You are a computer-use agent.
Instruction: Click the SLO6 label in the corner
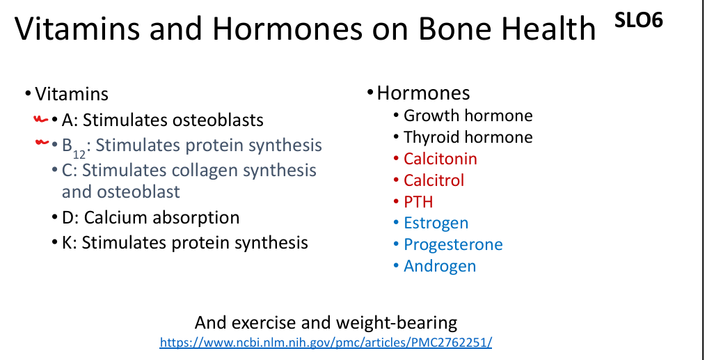(x=639, y=20)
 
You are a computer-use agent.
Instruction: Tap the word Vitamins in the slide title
(x=77, y=28)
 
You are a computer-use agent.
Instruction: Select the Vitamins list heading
(x=72, y=94)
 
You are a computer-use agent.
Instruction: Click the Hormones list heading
(x=423, y=93)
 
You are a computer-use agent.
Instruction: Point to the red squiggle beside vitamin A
(x=40, y=120)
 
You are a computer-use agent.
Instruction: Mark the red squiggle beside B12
(x=42, y=143)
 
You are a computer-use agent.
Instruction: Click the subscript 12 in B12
(x=79, y=153)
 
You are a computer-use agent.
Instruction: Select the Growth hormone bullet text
(x=468, y=116)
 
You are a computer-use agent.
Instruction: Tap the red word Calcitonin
(x=440, y=159)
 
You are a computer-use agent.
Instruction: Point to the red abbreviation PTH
(x=418, y=202)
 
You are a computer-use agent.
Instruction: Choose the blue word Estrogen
(x=436, y=224)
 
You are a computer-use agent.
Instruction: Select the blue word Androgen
(x=440, y=266)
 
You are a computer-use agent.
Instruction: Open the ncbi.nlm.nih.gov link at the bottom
(x=326, y=343)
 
